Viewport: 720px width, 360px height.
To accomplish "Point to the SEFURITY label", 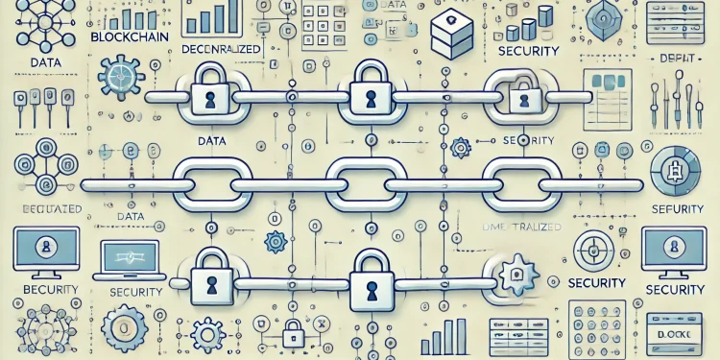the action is click(676, 208).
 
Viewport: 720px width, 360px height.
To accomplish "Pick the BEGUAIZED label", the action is click(44, 208).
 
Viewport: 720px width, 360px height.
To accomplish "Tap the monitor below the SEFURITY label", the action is click(674, 252).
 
